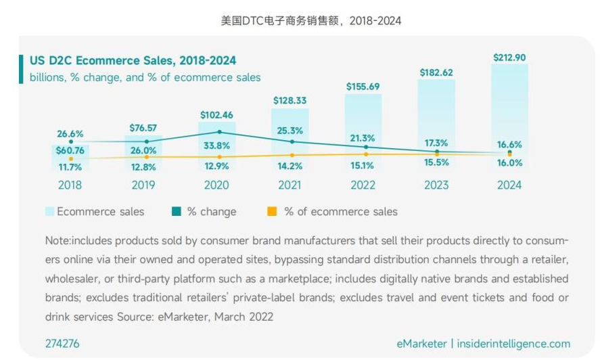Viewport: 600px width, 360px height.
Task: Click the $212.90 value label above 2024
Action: coord(509,57)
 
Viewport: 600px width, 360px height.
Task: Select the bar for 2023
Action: coord(436,115)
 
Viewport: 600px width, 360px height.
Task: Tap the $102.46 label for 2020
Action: coord(216,115)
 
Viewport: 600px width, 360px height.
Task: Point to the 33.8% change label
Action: coord(216,145)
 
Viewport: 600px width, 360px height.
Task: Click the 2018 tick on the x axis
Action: coord(70,185)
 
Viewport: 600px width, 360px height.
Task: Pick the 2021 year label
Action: coord(290,185)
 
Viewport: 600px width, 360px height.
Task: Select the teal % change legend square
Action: coord(175,212)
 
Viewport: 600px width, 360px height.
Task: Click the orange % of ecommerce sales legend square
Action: coord(272,212)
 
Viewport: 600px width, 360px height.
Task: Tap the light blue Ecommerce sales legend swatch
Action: coord(49,212)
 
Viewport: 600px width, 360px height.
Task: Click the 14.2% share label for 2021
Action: coord(290,166)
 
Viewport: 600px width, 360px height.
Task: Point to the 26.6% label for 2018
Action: coord(70,133)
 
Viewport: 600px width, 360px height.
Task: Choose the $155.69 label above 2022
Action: coord(363,87)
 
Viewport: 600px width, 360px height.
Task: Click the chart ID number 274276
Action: coord(62,344)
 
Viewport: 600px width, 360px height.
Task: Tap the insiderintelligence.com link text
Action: coord(513,344)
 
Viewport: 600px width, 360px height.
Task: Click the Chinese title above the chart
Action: coord(310,21)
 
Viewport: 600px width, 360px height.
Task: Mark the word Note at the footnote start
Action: coord(57,241)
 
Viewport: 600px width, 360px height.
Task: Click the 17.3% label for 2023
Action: coord(436,143)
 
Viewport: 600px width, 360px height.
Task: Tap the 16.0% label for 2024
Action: coord(509,163)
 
